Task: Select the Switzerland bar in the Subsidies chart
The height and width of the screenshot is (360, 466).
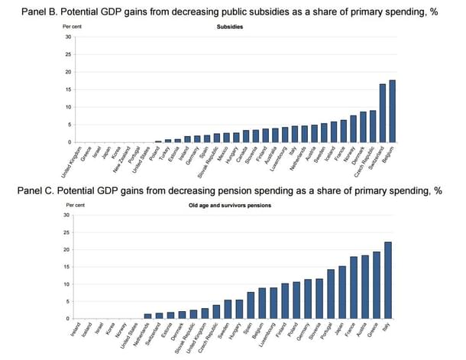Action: pos(383,113)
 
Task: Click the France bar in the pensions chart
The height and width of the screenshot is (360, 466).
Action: pos(353,288)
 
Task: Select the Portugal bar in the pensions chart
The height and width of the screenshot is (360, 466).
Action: pos(331,294)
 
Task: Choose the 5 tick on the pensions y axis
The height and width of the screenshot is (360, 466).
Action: pos(70,302)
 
